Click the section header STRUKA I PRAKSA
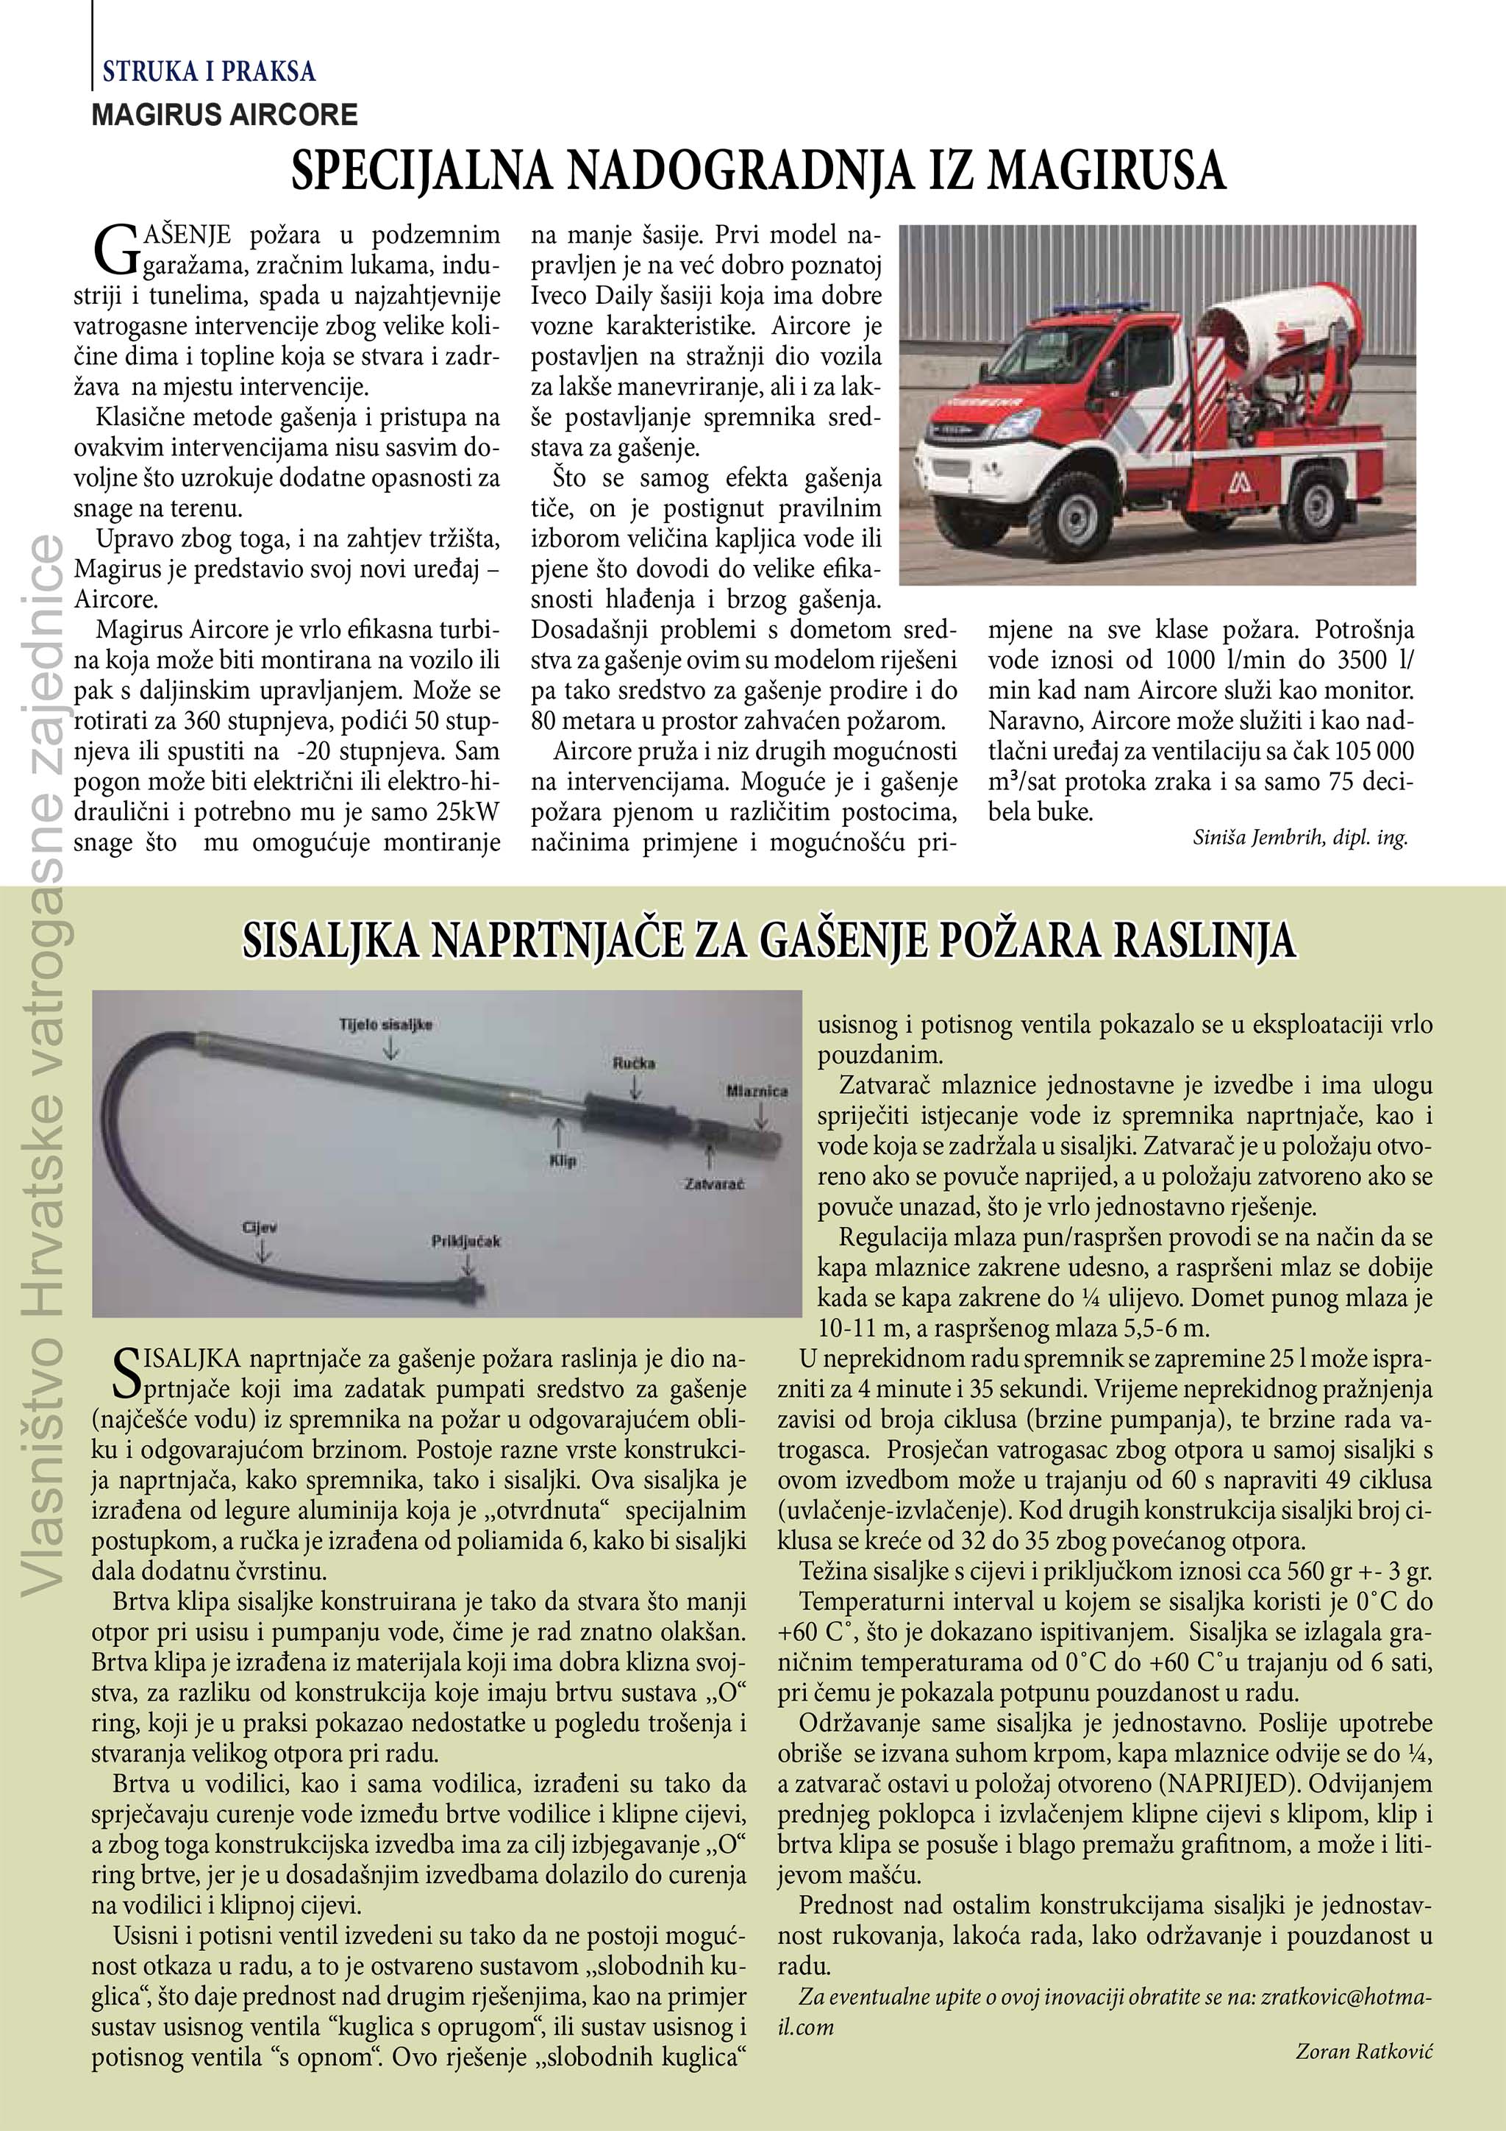(209, 71)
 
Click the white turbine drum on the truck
(1264, 334)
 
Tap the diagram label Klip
(563, 1160)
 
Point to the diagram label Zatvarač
(713, 1184)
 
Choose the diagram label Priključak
(465, 1241)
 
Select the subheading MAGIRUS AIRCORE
(224, 115)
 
